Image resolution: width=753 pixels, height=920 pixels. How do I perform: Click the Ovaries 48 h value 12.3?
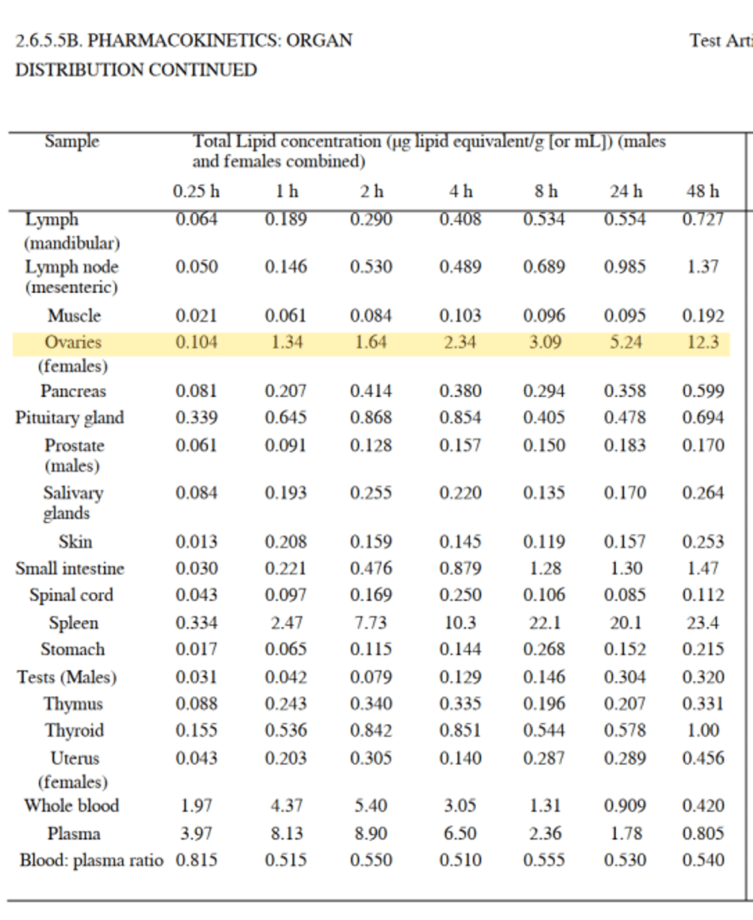click(x=703, y=343)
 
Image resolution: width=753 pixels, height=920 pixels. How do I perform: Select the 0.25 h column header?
click(x=196, y=191)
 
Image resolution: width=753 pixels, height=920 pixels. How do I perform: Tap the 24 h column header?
click(x=626, y=191)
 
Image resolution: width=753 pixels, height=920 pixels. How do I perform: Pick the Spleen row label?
click(x=73, y=623)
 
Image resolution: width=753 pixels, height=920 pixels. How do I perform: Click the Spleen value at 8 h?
click(x=544, y=623)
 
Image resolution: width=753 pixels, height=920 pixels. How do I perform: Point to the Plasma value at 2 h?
click(x=370, y=834)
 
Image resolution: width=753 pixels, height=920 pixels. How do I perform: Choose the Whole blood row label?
click(x=72, y=805)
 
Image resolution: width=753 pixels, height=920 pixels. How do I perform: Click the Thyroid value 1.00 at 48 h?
click(x=703, y=731)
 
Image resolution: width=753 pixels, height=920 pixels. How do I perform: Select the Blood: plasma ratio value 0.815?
click(x=197, y=860)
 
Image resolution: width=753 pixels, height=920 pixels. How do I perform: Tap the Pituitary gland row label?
click(x=70, y=418)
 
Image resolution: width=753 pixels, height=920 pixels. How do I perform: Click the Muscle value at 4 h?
click(x=459, y=316)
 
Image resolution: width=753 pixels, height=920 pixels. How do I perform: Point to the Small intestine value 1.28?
click(x=544, y=569)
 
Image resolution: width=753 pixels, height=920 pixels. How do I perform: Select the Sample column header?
click(x=72, y=142)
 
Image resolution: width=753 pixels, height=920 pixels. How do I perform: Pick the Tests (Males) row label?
click(x=67, y=677)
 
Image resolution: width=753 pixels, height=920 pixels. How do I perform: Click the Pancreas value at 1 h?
click(x=285, y=392)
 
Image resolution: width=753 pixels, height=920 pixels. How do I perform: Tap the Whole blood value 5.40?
click(x=370, y=806)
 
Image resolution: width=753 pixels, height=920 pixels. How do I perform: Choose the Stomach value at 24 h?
click(x=625, y=650)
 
